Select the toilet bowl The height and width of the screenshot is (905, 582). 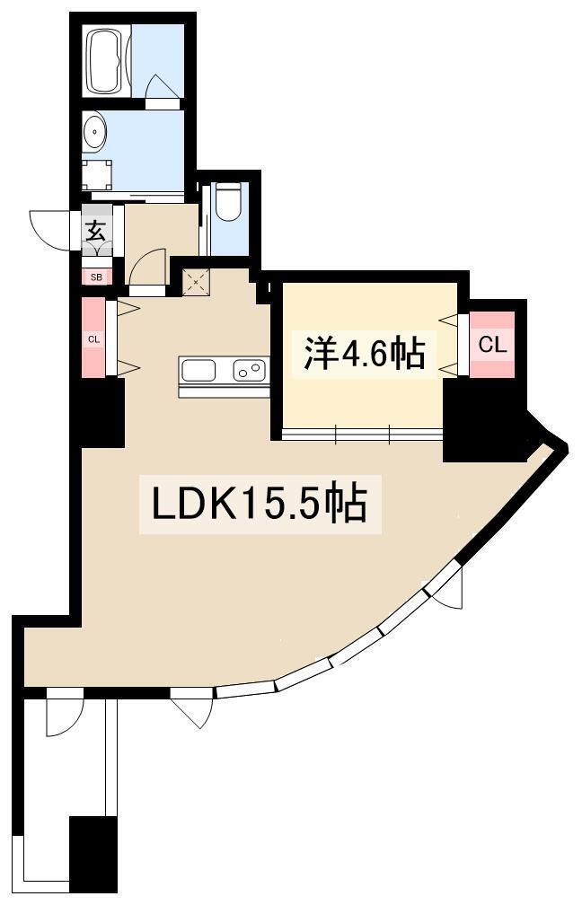230,202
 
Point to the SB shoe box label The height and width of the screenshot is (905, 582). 96,277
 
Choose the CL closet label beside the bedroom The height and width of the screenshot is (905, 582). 491,344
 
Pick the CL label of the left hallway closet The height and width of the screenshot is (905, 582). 93,338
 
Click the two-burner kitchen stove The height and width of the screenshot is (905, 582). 248,368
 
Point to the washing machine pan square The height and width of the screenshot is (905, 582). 98,171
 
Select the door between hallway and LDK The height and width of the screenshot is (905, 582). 146,268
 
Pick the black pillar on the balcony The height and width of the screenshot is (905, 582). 93,854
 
